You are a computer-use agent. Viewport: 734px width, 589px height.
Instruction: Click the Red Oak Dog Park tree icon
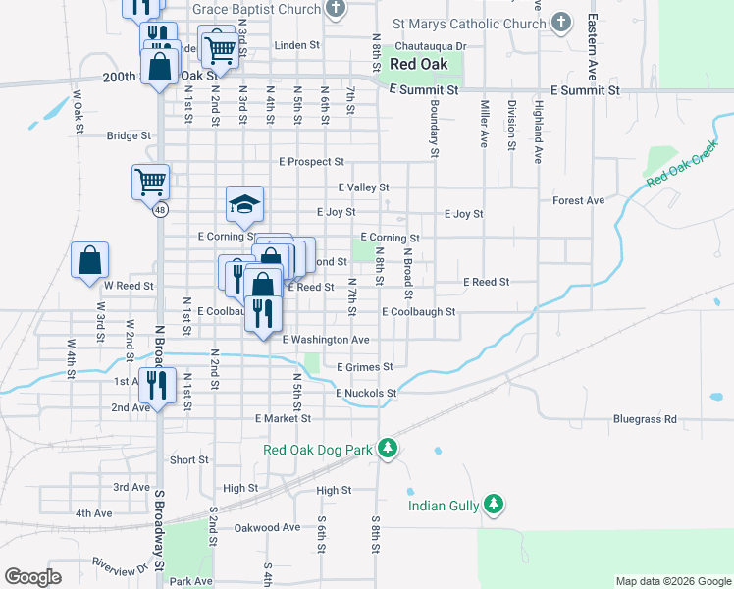[x=388, y=449]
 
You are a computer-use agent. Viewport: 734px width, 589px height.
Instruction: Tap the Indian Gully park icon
[x=494, y=505]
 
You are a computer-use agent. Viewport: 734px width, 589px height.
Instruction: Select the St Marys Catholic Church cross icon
[x=561, y=23]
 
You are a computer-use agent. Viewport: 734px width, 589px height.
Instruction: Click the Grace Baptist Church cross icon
[x=337, y=10]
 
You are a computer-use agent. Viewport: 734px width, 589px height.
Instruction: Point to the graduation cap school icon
[x=245, y=203]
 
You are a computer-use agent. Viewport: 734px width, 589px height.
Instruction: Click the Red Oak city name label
[x=418, y=64]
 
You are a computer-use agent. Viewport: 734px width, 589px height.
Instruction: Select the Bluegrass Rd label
[x=645, y=419]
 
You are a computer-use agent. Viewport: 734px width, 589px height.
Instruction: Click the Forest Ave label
[x=578, y=200]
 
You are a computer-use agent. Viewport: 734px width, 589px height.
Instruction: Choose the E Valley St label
[x=363, y=187]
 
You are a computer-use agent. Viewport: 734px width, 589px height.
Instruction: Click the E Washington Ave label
[x=325, y=340]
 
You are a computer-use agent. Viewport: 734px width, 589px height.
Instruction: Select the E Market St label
[x=283, y=418]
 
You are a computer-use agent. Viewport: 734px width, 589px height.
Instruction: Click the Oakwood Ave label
[x=267, y=527]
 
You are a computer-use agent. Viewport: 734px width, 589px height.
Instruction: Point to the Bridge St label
[x=129, y=136]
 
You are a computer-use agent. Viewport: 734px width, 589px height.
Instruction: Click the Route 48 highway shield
[x=159, y=209]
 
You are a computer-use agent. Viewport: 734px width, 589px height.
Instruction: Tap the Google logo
[x=33, y=577]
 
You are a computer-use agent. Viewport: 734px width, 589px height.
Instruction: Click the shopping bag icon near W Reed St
[x=89, y=260]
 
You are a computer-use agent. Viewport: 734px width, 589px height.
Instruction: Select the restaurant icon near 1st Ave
[x=157, y=385]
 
